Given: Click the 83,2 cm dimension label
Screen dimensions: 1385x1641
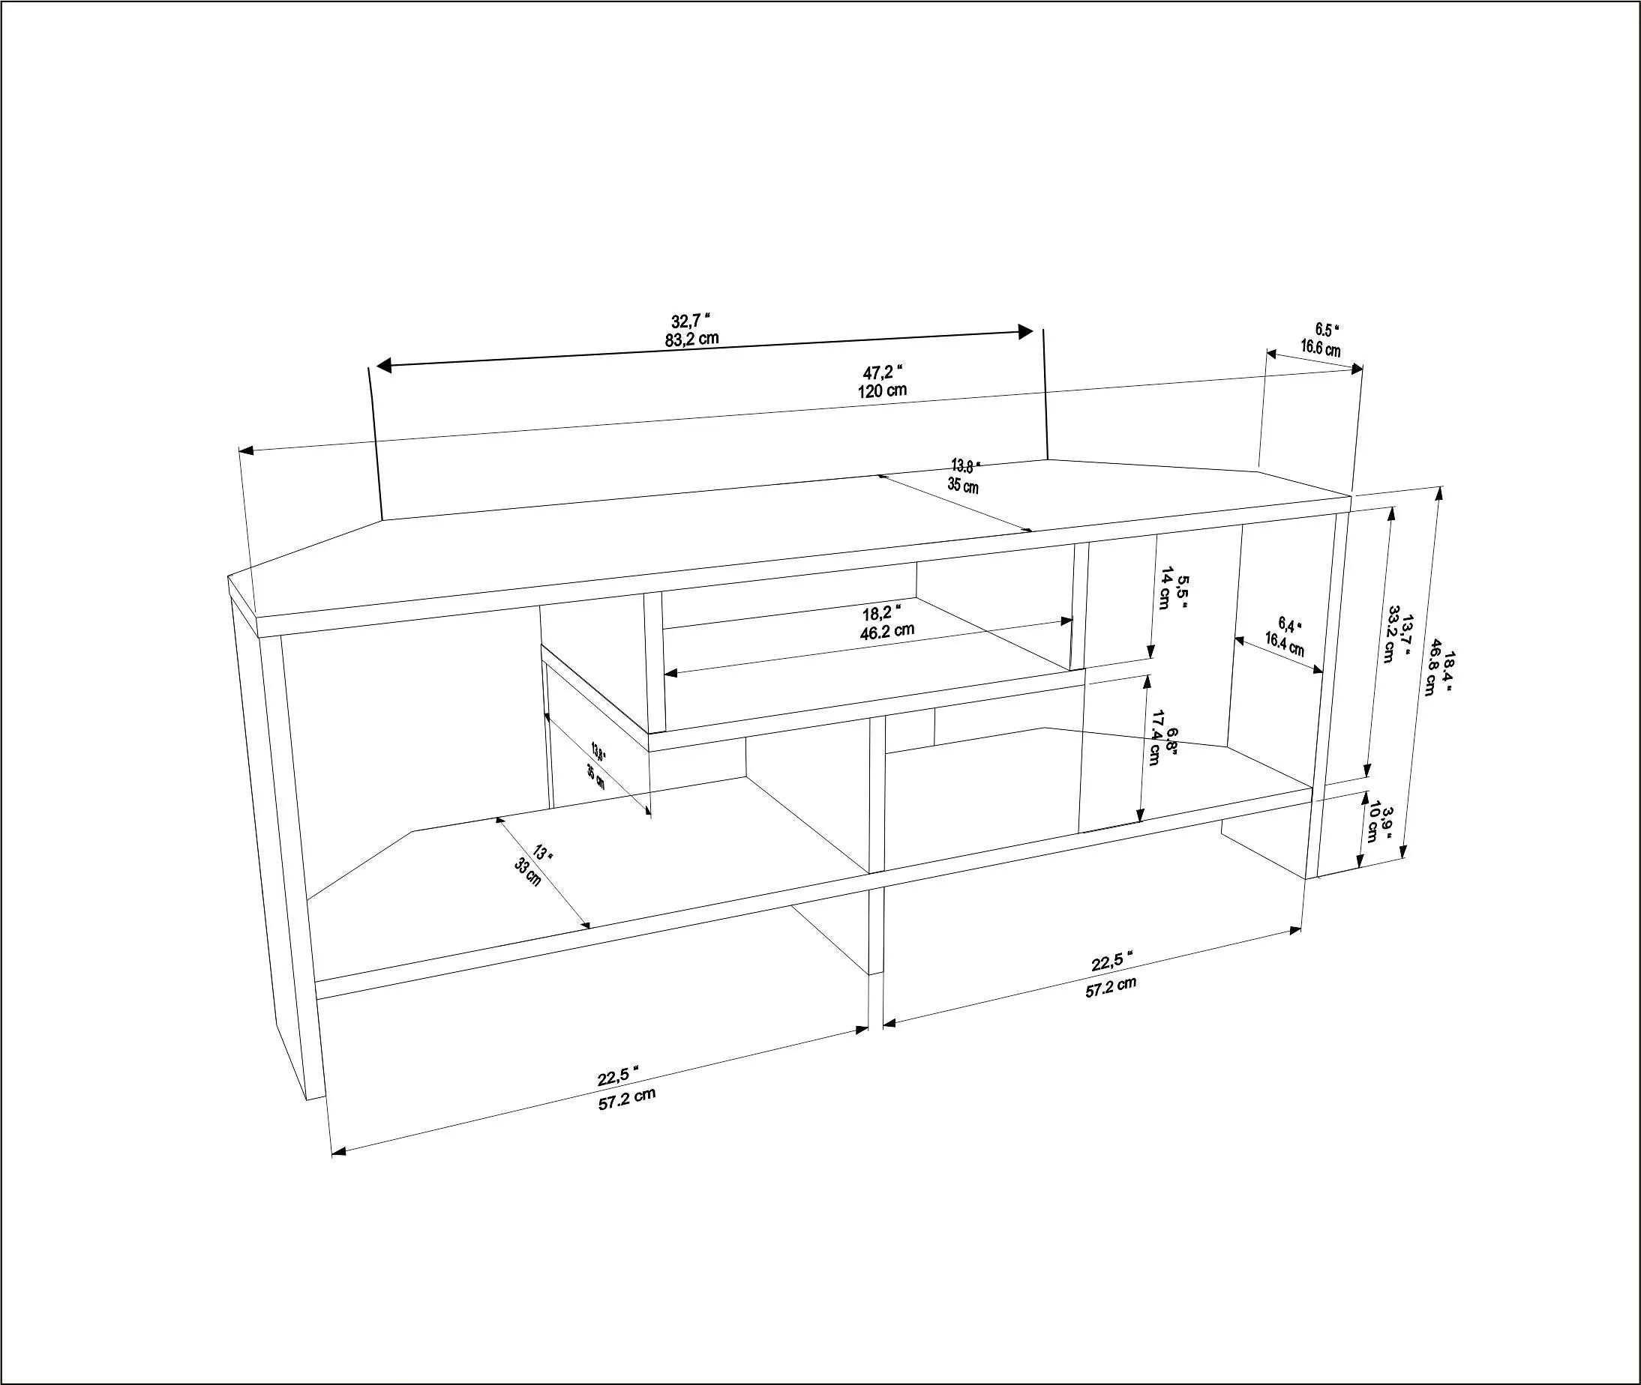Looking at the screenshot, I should pyautogui.click(x=691, y=340).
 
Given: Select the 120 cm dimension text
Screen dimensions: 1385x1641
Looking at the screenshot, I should pyautogui.click(x=882, y=390).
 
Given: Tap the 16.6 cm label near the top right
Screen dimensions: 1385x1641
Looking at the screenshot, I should pyautogui.click(x=1320, y=348).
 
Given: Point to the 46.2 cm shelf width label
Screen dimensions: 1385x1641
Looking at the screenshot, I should pyautogui.click(x=887, y=630).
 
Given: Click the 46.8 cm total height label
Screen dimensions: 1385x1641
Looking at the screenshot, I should pyautogui.click(x=1435, y=676).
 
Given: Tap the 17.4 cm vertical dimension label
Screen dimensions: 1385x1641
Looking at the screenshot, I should pyautogui.click(x=1155, y=737).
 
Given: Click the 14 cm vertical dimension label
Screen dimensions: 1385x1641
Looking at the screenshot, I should pyautogui.click(x=1165, y=588).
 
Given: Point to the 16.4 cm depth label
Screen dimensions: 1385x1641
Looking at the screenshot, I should pyautogui.click(x=1283, y=645).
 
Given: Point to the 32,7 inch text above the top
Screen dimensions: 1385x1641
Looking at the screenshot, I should pyautogui.click(x=691, y=320).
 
